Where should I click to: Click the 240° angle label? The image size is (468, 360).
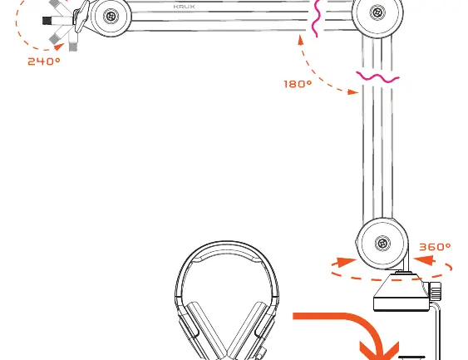[44, 62]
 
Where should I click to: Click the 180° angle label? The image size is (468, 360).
[298, 84]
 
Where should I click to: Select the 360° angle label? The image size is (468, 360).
[435, 247]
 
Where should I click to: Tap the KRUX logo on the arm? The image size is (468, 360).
[184, 7]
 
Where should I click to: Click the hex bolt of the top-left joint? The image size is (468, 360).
[111, 16]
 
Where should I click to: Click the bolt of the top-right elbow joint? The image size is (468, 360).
[377, 12]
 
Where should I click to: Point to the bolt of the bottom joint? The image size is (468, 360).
[382, 244]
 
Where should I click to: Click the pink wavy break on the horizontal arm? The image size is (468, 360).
[317, 18]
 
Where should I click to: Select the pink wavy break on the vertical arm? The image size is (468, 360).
[377, 77]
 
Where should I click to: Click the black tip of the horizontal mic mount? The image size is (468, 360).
[47, 21]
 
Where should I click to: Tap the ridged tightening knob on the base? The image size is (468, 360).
[436, 291]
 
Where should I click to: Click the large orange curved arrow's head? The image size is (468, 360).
[379, 351]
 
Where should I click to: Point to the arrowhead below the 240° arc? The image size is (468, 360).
[59, 47]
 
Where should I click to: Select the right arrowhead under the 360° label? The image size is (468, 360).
[425, 259]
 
